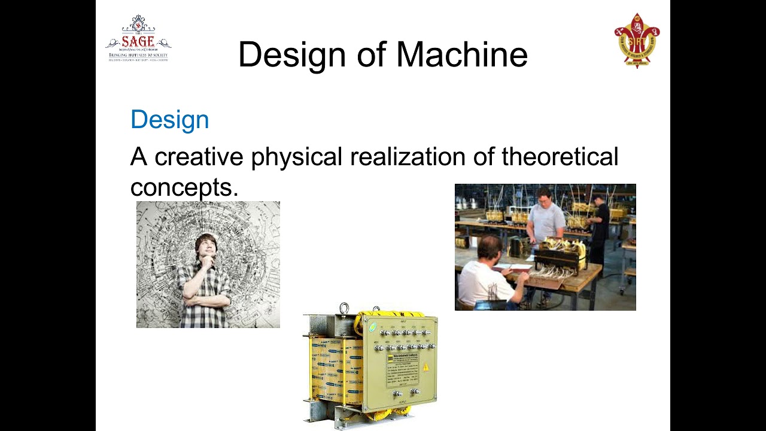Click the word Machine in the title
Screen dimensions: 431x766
(461, 54)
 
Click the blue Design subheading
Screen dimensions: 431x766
(169, 120)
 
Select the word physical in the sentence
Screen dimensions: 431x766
(297, 157)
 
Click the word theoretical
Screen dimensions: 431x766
(560, 157)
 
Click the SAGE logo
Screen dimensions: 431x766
(138, 40)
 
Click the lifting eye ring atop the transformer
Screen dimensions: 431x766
(344, 309)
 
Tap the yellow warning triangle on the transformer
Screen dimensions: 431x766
(426, 366)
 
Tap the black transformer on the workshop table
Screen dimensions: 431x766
(560, 255)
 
